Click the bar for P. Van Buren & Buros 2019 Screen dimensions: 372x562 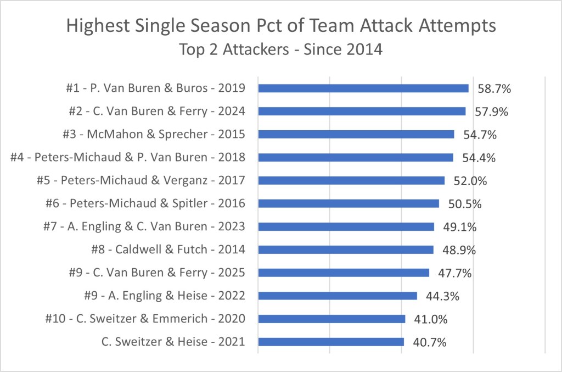[363, 88]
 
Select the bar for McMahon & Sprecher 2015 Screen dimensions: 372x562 [356, 135]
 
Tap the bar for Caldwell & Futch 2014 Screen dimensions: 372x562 [345, 250]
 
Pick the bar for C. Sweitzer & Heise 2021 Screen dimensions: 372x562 [331, 342]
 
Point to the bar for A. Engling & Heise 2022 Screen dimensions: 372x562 [337, 296]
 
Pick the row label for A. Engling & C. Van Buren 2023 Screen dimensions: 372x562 [143, 227]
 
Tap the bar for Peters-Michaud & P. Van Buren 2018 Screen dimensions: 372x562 [355, 158]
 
